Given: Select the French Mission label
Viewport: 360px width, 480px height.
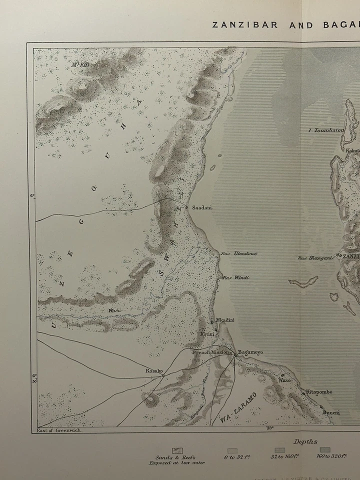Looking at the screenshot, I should coord(210,352).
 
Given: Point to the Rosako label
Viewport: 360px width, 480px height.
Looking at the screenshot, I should coord(154,371).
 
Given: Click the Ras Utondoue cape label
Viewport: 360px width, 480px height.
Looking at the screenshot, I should coord(239,253).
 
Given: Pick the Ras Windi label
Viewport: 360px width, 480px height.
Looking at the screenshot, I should coord(236,277).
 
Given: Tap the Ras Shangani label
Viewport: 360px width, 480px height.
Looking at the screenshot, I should coord(315,258).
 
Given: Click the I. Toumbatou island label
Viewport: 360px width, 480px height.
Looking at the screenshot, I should coord(326,130).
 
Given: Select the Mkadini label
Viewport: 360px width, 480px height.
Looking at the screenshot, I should coord(224,320).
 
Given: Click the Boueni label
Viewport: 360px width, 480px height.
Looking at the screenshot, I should coord(331,412).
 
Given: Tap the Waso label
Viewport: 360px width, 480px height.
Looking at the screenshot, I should coord(284,380).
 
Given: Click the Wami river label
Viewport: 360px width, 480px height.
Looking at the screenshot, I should coord(114,310).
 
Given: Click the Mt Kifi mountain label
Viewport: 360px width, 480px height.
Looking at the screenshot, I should coord(79,64).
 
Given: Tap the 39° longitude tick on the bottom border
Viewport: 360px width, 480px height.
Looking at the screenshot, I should coord(269,427).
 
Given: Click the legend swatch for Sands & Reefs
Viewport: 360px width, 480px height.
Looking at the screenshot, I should coord(177,450).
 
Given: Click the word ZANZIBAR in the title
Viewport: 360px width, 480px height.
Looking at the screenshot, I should coord(245,25).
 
